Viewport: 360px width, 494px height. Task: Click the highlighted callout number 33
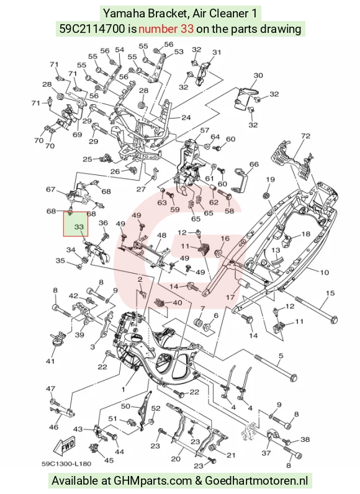(x=79, y=227)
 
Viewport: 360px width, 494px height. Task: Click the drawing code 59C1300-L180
(x=66, y=464)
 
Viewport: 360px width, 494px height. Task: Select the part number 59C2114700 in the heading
(x=92, y=29)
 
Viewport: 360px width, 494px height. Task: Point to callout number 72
(x=305, y=136)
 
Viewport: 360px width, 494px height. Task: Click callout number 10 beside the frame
(x=324, y=272)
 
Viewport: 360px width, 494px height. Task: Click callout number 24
(x=186, y=117)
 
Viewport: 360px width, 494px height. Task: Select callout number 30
(x=258, y=76)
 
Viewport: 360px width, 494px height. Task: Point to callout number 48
(x=161, y=235)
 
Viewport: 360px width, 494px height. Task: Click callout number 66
(x=254, y=164)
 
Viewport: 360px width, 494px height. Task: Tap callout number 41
(x=50, y=361)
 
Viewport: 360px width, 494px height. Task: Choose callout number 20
(x=175, y=459)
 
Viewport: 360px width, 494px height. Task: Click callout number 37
(x=266, y=453)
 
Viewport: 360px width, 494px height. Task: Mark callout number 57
(x=205, y=130)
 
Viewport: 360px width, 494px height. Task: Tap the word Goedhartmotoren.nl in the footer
(x=256, y=481)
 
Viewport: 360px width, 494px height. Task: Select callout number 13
(x=276, y=251)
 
